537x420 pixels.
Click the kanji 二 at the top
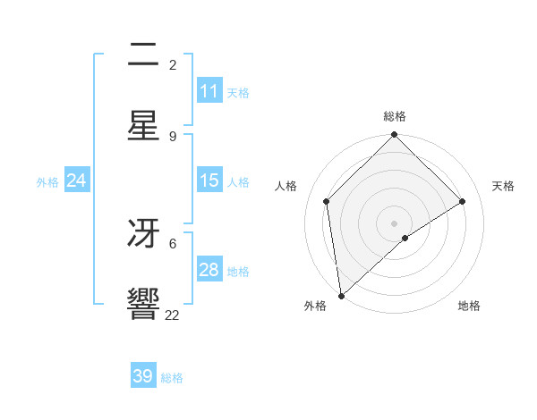[143, 58]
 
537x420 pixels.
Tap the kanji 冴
[143, 234]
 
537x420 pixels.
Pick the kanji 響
[143, 304]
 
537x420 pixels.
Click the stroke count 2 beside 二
[173, 65]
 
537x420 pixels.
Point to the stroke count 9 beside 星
[173, 136]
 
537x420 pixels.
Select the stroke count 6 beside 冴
[173, 242]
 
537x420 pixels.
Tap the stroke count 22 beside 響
[173, 315]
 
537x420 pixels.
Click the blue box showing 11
[209, 91]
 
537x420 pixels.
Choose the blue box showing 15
[209, 181]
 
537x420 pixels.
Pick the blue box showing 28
[209, 270]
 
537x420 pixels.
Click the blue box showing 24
[77, 181]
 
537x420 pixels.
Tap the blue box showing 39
[143, 376]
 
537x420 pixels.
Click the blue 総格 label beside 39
[173, 378]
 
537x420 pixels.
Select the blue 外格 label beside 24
[47, 182]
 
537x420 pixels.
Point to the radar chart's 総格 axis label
[395, 116]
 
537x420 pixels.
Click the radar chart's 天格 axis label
[504, 186]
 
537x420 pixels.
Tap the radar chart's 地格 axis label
[469, 307]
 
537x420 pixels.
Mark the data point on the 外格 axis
[341, 296]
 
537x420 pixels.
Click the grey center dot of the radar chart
[395, 223]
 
